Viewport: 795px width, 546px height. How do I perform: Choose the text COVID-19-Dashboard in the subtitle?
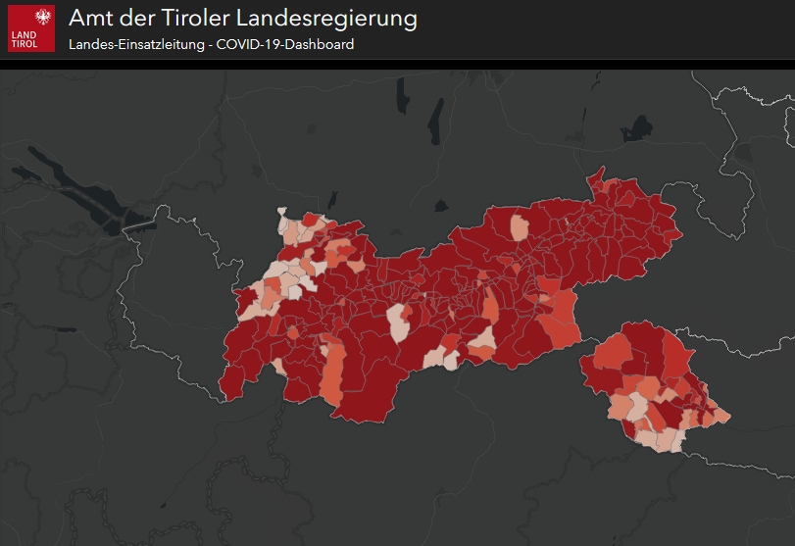pyautogui.click(x=283, y=44)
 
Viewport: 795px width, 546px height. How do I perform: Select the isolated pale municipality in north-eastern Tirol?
pyautogui.click(x=520, y=227)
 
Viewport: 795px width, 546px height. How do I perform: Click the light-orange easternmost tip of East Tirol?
pyautogui.click(x=723, y=417)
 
